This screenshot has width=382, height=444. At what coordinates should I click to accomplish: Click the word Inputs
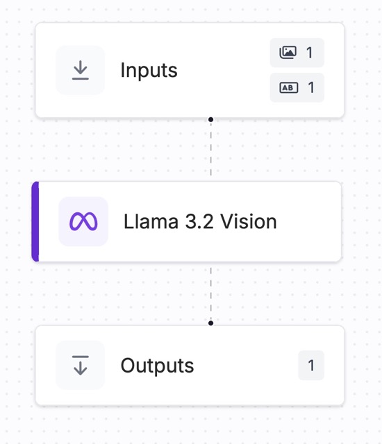click(x=149, y=70)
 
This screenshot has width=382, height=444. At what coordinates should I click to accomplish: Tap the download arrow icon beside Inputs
click(x=81, y=70)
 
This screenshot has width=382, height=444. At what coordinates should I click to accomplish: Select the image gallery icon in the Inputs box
click(x=288, y=53)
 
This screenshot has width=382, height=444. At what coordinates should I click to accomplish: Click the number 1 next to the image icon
click(x=310, y=53)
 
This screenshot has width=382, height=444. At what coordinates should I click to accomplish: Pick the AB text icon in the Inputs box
click(x=289, y=87)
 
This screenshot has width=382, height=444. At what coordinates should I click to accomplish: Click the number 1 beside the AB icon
click(x=311, y=87)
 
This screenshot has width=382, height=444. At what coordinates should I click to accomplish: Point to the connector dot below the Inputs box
click(x=210, y=119)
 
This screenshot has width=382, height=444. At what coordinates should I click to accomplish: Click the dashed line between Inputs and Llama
click(x=211, y=149)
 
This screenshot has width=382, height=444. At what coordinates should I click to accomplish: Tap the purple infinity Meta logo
click(x=83, y=221)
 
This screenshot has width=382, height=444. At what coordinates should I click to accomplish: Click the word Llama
click(x=151, y=221)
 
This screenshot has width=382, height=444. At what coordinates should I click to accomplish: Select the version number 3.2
click(x=199, y=221)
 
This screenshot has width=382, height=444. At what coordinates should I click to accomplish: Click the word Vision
click(x=249, y=221)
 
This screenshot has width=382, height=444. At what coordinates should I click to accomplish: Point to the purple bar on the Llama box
click(x=35, y=221)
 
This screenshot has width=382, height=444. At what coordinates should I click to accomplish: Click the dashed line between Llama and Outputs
click(x=211, y=293)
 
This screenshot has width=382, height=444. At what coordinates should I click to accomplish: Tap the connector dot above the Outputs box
click(x=210, y=323)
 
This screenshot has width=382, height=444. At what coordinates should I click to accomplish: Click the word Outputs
click(x=157, y=366)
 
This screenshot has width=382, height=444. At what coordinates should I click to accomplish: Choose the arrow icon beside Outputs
click(x=81, y=366)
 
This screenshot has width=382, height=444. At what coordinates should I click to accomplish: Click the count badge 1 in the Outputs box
click(x=311, y=366)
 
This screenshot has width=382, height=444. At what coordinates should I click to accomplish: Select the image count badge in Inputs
click(x=297, y=53)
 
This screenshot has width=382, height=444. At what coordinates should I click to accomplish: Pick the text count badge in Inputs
click(x=297, y=87)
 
